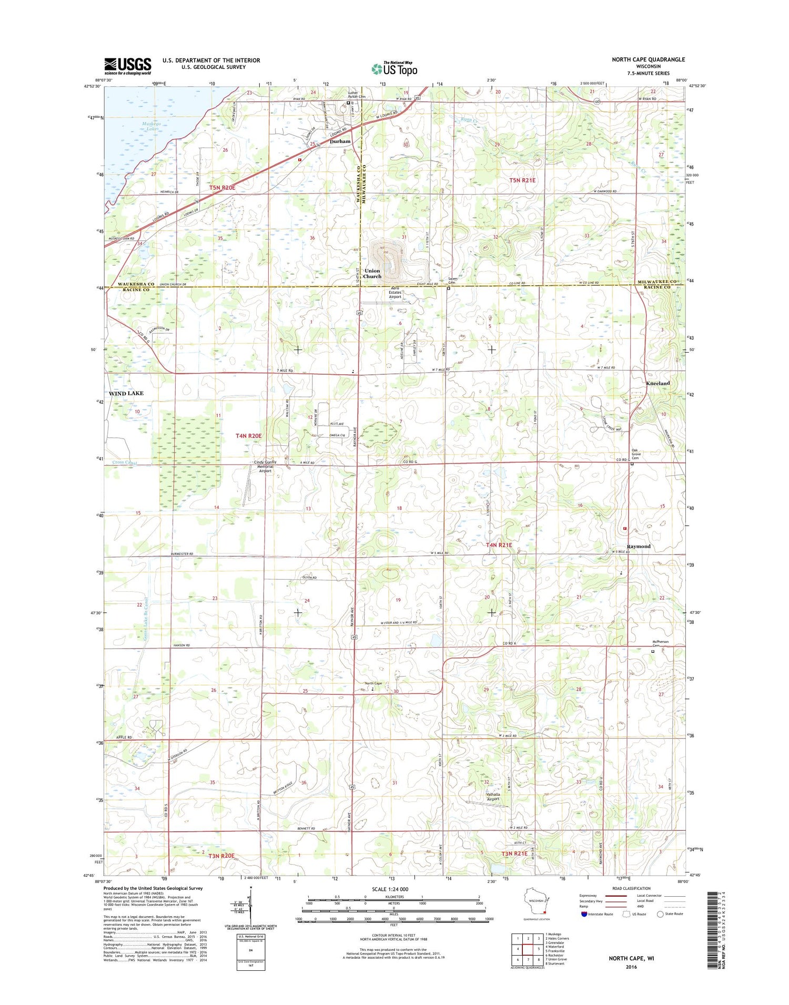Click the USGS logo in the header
click(127, 66)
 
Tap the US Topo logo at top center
click(394, 68)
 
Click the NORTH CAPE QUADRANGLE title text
click(648, 59)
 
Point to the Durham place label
click(340, 141)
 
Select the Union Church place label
click(372, 273)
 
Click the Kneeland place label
click(657, 383)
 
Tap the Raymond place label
click(639, 546)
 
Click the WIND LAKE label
click(126, 393)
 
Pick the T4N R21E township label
click(498, 545)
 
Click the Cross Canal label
click(124, 463)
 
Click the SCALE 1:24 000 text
click(390, 889)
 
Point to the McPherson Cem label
click(660, 643)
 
